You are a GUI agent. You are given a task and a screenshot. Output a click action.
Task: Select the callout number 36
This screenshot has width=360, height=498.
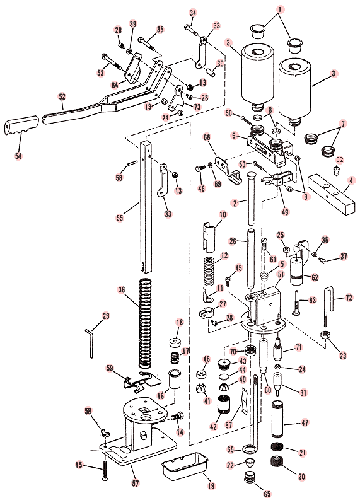pos(122,289)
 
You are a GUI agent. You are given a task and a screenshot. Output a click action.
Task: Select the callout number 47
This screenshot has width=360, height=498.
pos(305,424)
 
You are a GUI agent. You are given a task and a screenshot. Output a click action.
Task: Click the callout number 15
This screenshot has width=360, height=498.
pos(79,465)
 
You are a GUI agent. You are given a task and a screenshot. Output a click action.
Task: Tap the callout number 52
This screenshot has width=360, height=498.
pos(61,96)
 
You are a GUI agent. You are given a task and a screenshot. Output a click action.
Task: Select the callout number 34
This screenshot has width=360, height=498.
pos(192,13)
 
